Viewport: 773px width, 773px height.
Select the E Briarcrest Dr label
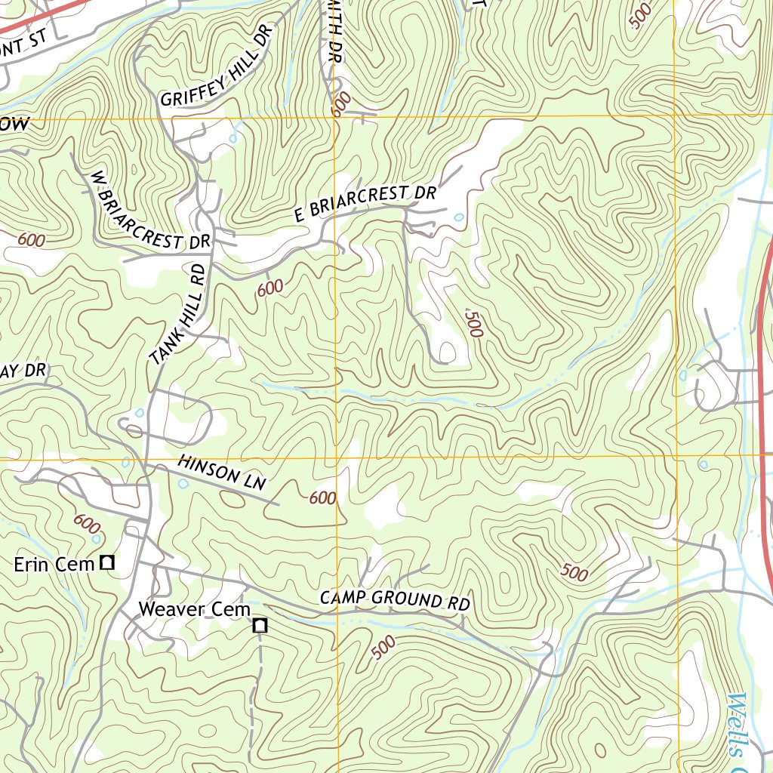click(365, 203)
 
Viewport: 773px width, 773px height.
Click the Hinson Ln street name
click(222, 473)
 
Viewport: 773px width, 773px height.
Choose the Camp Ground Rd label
click(395, 600)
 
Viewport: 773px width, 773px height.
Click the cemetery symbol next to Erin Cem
click(108, 562)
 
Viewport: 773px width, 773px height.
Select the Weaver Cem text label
click(194, 608)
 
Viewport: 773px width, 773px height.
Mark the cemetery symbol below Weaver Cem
click(260, 625)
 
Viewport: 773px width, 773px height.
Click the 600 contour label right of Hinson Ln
click(322, 497)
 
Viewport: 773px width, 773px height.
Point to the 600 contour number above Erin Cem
click(88, 522)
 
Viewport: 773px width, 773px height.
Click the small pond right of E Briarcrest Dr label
click(459, 217)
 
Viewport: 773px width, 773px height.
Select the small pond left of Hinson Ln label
click(183, 483)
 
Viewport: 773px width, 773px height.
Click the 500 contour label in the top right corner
click(640, 16)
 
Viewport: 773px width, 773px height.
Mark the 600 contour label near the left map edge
click(31, 241)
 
